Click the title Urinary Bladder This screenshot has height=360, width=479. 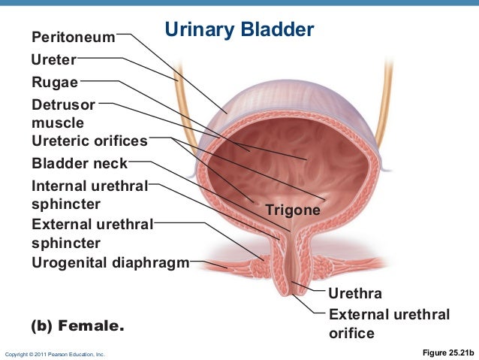coord(239,30)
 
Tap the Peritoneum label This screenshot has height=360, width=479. coord(73,37)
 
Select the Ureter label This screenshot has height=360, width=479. coord(53,59)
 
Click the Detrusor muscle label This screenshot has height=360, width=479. coord(63,113)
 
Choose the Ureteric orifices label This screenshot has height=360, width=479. coord(89,141)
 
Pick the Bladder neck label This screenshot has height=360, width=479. coord(80,163)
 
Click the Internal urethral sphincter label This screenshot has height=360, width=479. coord(89,194)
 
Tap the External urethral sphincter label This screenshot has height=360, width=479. coord(92,233)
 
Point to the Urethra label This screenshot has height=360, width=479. coord(355,292)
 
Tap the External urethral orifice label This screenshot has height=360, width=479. coord(389,323)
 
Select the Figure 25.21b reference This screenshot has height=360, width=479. coord(449,352)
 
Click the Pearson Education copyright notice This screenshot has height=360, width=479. coord(55,353)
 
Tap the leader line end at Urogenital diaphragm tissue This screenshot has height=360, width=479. coord(227,268)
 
